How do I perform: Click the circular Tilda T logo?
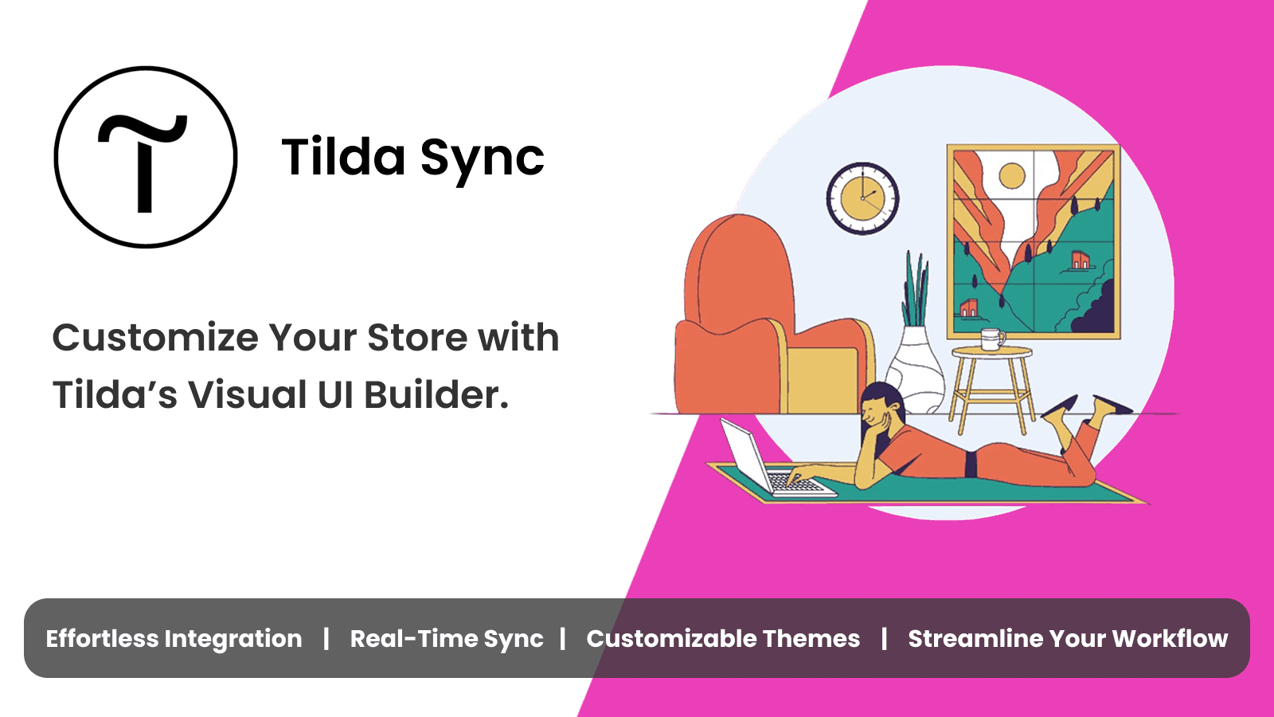pos(146,157)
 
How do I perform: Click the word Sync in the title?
pos(482,158)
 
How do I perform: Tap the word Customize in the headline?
pos(155,338)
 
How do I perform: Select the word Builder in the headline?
pos(436,395)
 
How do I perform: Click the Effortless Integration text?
pos(174,639)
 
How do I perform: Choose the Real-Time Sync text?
pos(446,639)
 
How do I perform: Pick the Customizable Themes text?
pos(723,639)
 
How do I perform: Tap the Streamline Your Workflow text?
pos(1068,639)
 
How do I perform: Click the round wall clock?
pos(862,198)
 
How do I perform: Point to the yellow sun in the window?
pos(1011,175)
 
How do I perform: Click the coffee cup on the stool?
pos(991,339)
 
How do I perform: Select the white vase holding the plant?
pos(915,370)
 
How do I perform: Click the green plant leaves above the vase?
pos(916,287)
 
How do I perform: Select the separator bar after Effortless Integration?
pos(326,639)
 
